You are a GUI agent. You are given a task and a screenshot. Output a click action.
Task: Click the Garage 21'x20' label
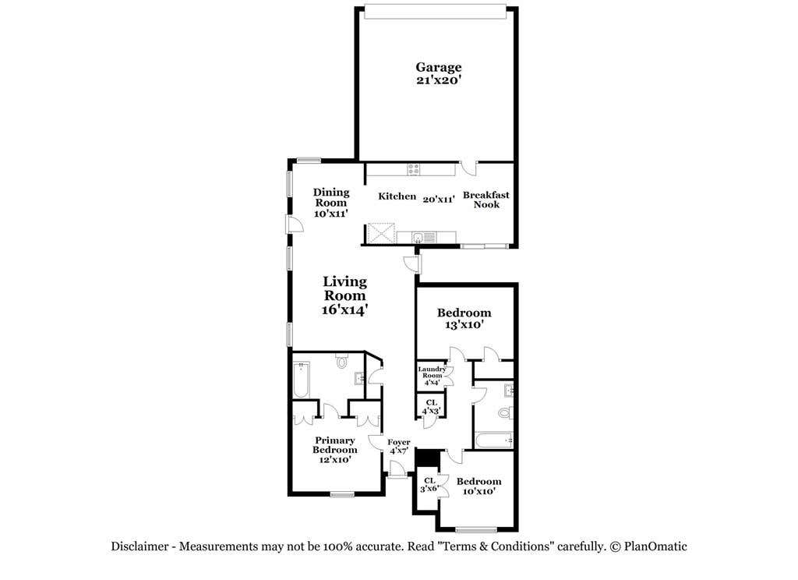(x=439, y=72)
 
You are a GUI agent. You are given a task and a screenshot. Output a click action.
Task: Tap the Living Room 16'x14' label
(x=344, y=296)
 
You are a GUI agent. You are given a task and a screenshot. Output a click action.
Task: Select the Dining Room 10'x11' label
(x=331, y=203)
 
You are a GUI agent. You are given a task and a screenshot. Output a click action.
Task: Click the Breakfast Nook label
(x=486, y=200)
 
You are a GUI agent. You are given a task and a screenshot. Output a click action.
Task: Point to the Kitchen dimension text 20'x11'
(x=439, y=200)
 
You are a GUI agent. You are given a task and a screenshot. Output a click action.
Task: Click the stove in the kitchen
(x=414, y=169)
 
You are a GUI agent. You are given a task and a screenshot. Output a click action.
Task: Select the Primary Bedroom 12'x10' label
(x=334, y=450)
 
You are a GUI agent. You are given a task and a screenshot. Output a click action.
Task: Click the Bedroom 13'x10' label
(x=464, y=319)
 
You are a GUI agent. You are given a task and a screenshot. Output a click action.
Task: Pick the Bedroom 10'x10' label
(x=479, y=486)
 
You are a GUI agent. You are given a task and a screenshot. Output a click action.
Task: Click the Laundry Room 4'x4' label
(x=432, y=376)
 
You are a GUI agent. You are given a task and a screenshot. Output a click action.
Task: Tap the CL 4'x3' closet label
(x=432, y=407)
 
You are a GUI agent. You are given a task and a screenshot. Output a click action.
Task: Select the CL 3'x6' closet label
(x=429, y=485)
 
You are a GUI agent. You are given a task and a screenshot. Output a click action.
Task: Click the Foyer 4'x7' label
(x=398, y=447)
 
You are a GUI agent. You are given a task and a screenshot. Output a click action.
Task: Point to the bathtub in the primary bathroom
(x=302, y=380)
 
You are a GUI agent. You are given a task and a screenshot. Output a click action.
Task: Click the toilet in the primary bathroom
(x=341, y=361)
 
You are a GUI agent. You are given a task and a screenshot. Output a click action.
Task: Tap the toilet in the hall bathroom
(x=505, y=412)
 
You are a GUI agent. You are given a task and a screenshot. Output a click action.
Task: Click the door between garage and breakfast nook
(x=468, y=168)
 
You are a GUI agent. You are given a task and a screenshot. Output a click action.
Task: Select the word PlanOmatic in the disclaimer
(x=655, y=546)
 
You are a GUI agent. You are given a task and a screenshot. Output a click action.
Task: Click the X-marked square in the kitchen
(x=382, y=234)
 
